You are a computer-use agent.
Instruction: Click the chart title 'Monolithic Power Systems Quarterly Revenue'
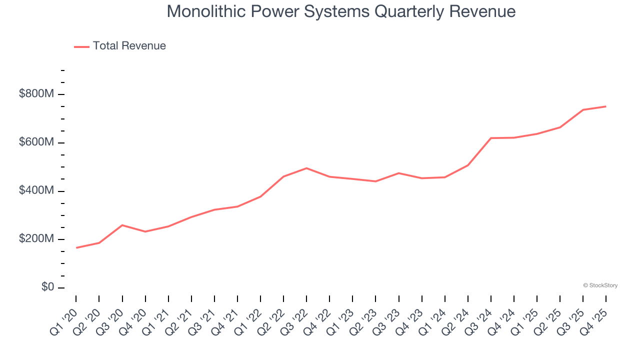pos(341,11)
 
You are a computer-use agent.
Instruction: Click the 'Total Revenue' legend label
pos(129,46)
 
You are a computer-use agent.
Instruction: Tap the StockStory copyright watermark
pos(600,285)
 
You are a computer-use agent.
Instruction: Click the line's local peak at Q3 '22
pos(306,168)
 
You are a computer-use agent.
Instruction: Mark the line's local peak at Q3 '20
pos(122,225)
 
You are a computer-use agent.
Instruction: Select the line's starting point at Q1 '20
pos(76,247)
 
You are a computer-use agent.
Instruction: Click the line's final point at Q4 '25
pos(605,106)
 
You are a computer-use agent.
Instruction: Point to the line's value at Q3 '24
pos(491,138)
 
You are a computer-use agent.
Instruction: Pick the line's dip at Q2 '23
pos(375,181)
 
